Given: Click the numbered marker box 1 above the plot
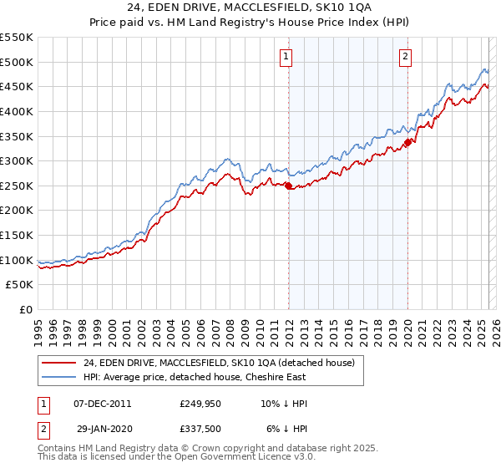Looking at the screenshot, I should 286,57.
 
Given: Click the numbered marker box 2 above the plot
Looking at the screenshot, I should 405,57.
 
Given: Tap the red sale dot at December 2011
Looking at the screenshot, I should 289,186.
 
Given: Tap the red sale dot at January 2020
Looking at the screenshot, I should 408,142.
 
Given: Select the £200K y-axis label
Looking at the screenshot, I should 17,211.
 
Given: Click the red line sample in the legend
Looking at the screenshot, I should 58,362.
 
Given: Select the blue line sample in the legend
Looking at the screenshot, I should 58,378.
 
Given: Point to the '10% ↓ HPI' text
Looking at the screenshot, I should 284,404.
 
